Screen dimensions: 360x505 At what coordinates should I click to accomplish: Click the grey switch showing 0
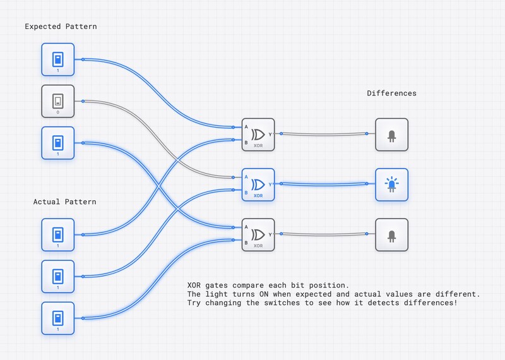pos(58,101)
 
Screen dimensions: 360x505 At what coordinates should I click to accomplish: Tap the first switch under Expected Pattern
pos(58,59)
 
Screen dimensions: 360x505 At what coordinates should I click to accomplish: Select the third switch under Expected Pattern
pos(58,143)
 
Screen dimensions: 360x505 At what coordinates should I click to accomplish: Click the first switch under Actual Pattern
pos(58,234)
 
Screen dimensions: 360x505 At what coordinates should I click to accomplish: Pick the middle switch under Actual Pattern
pos(58,276)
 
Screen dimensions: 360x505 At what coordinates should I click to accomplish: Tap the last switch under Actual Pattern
pos(58,318)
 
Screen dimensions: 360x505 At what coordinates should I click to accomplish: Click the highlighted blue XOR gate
pos(258,184)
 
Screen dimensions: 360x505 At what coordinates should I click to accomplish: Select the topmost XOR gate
pos(258,135)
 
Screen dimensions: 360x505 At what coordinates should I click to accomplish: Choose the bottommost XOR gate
pos(258,234)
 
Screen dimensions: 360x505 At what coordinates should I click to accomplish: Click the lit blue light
pos(391,184)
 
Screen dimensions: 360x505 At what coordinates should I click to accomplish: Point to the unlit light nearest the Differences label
pos(391,135)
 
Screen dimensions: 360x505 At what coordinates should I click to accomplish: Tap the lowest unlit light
pos(391,234)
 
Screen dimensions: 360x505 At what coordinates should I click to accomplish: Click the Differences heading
pos(391,93)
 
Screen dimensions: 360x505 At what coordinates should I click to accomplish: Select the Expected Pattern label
pos(61,27)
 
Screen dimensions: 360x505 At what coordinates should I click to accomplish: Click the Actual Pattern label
pos(65,201)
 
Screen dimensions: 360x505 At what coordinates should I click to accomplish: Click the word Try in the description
pos(195,303)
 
